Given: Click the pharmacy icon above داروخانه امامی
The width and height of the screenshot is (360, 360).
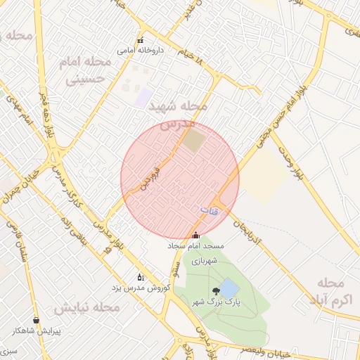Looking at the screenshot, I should (x=141, y=40).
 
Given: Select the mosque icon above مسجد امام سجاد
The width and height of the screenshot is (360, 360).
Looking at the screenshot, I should (x=195, y=236).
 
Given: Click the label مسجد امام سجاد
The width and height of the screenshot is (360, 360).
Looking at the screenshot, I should (x=195, y=247).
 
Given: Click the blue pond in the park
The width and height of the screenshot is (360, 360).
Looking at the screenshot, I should (x=229, y=288).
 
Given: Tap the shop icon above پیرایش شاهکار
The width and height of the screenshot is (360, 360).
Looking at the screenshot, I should (x=36, y=320).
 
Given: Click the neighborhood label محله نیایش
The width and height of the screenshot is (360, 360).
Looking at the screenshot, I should (x=85, y=308).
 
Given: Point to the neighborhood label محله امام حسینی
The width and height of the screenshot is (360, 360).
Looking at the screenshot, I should (x=89, y=70).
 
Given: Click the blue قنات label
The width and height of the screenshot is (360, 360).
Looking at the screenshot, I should (x=210, y=210).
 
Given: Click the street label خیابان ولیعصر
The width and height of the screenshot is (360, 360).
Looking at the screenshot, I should (x=319, y=349).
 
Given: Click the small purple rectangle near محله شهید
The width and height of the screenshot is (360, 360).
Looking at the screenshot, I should (x=145, y=98).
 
